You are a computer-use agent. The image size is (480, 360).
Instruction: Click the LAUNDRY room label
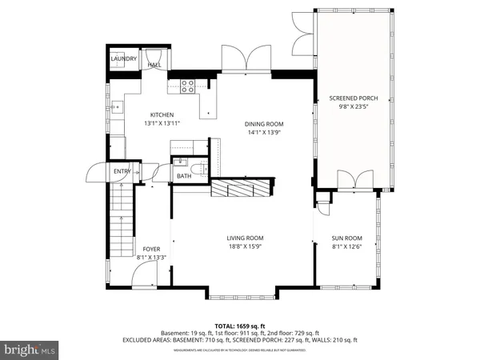click(124, 58)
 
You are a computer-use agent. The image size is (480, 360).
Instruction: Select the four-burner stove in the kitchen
click(189, 86)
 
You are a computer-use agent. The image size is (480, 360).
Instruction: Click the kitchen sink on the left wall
click(116, 105)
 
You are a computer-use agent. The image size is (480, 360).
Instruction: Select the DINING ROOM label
click(263, 124)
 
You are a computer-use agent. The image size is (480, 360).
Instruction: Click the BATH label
click(184, 176)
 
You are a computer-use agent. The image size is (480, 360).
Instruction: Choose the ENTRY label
click(122, 171)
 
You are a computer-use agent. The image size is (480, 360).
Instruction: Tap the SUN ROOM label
click(347, 238)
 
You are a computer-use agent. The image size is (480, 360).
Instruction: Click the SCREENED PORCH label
click(353, 98)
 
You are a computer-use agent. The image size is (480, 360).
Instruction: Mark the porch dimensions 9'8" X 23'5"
click(353, 108)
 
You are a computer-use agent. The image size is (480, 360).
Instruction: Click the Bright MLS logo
click(30, 350)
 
